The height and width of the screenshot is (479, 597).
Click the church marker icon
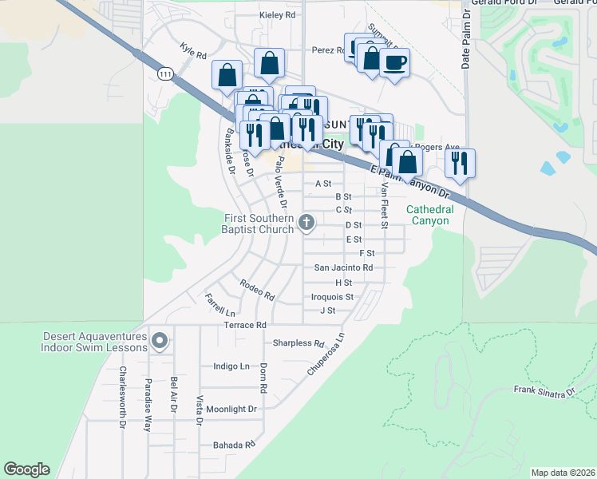(306, 224)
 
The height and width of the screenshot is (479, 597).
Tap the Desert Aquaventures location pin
(159, 341)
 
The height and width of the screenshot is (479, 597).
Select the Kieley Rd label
(278, 15)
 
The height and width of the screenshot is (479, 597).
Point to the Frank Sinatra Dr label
(544, 391)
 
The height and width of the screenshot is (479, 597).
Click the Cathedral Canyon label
(430, 215)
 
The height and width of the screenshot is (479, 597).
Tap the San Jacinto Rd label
(343, 267)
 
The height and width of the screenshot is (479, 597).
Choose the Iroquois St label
(332, 296)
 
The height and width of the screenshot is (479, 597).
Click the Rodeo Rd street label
(257, 289)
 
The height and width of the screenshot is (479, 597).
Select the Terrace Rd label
(244, 325)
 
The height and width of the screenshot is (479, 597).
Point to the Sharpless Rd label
(298, 344)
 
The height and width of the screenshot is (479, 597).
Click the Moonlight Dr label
(231, 409)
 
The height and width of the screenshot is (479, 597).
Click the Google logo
(26, 469)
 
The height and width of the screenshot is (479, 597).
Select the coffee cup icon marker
(393, 62)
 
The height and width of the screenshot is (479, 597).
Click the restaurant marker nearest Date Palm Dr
(460, 164)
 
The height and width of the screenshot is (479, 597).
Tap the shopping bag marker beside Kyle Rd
(227, 75)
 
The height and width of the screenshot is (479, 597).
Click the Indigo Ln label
(231, 366)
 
